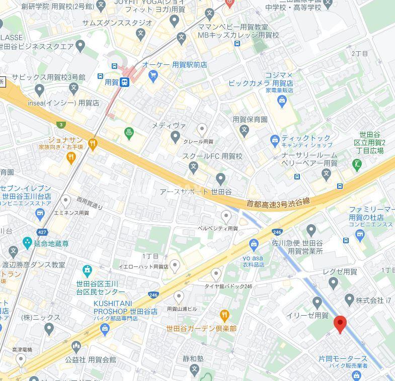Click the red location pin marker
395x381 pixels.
click(x=340, y=324)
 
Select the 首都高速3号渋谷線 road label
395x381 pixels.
click(x=278, y=202)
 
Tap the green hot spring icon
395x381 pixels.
click(x=129, y=133)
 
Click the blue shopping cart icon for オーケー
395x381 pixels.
click(x=153, y=76)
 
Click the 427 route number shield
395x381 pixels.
click(x=42, y=232)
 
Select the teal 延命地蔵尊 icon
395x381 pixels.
click(x=27, y=243)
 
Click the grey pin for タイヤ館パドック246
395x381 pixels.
click(x=216, y=274)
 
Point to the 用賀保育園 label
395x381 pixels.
click(x=250, y=120)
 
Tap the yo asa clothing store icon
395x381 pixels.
click(x=254, y=244)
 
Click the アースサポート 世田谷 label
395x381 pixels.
click(x=195, y=192)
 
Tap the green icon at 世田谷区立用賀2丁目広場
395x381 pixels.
click(x=357, y=163)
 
